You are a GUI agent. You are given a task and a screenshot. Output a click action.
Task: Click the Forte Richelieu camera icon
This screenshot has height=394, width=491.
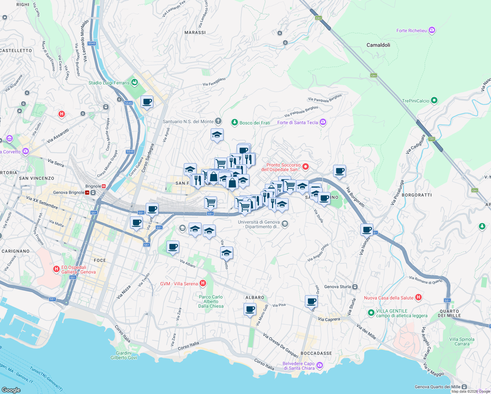pos(432,31)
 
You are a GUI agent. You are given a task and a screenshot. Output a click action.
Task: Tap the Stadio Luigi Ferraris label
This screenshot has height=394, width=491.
pos(109,83)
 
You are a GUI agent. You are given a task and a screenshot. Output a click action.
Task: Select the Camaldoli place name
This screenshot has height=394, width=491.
pos(378,45)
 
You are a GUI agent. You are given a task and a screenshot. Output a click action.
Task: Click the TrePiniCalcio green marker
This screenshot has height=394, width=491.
pos(434,100)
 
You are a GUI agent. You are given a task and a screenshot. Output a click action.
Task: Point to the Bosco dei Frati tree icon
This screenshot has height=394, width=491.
pos(234,122)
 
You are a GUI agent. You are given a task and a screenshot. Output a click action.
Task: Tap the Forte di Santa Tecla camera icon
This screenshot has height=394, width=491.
pos(323,122)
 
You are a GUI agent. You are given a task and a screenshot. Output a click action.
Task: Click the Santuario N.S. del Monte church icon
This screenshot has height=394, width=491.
pos(218,121)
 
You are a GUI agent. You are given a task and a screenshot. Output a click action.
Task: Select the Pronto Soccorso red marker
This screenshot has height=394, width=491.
pos(306,167)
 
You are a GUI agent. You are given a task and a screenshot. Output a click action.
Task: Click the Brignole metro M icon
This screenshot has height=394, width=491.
pos(104,186)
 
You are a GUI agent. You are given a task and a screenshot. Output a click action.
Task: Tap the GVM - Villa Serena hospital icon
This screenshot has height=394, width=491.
pos(203,283)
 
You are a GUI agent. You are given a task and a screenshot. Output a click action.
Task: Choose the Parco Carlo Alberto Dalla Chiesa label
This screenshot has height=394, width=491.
pos(211,301)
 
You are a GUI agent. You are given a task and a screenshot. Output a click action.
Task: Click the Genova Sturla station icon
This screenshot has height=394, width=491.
pos(355,287)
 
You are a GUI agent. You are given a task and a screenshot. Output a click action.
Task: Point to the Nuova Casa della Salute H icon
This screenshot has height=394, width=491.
pos(418,297)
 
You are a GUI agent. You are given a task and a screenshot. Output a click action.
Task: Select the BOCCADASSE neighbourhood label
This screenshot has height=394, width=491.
pos(316,353)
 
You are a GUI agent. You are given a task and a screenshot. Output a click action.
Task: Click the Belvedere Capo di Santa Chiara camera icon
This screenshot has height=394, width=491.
pos(320,365)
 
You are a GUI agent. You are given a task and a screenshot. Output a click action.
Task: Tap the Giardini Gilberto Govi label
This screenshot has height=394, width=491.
pos(124,355)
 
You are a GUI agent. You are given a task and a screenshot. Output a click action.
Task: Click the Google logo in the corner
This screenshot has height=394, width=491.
pos(11,390)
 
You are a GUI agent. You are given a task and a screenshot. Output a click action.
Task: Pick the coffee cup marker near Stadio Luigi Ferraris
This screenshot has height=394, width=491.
pos(147,102)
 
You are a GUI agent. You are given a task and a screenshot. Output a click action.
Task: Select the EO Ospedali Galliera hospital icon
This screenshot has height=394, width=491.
pos(56,269)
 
